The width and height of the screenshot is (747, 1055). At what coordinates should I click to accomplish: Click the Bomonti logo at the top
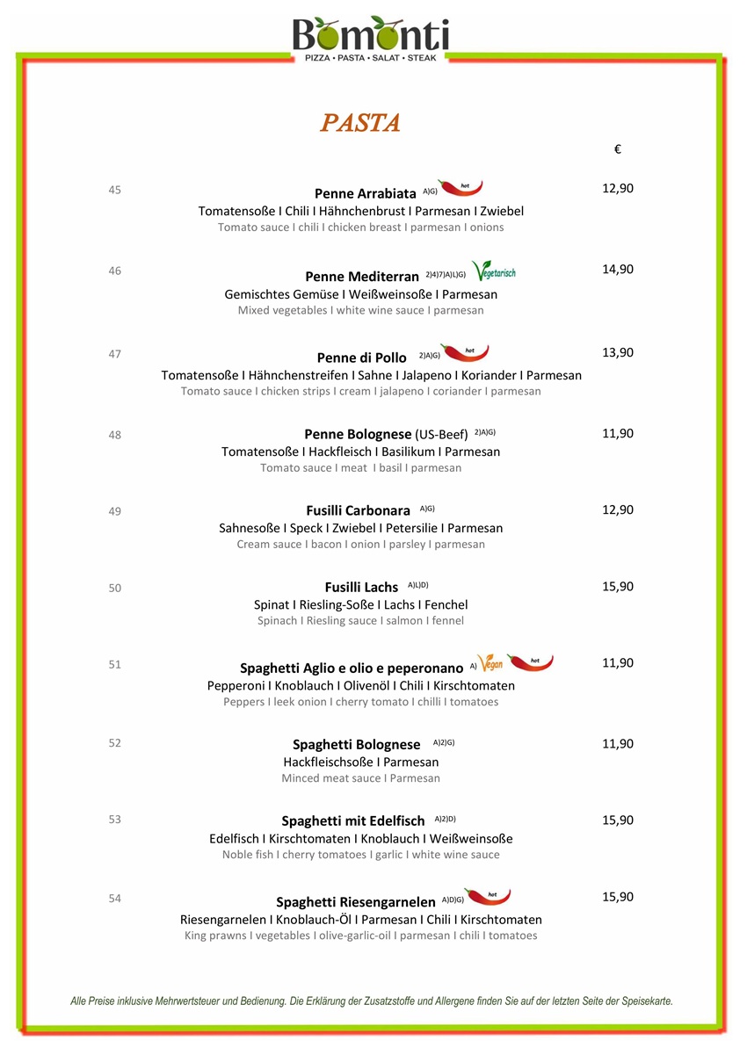[x=370, y=37]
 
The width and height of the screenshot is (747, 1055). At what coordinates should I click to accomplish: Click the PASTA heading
[x=360, y=123]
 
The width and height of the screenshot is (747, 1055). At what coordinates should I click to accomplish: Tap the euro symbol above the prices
[x=618, y=150]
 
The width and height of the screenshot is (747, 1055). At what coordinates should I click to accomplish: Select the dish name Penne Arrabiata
[x=365, y=193]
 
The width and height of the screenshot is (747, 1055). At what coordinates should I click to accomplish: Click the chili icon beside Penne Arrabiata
[x=461, y=187]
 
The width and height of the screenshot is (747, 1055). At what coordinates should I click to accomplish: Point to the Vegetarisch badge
[x=493, y=271]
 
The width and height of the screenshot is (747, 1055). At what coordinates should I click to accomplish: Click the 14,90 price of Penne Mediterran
[x=617, y=270]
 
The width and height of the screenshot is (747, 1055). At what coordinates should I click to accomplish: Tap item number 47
[x=115, y=354]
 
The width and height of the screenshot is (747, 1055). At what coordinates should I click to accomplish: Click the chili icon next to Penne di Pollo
[x=464, y=352]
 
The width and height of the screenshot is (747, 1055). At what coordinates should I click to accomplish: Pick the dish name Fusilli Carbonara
[x=358, y=511]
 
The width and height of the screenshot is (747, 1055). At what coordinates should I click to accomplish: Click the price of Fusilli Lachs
[x=617, y=587]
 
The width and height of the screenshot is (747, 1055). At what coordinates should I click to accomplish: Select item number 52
[x=115, y=743]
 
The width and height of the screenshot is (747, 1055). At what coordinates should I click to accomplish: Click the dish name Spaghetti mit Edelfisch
[x=352, y=821]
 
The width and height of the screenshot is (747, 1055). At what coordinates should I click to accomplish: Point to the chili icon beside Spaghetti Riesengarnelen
[x=487, y=897]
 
